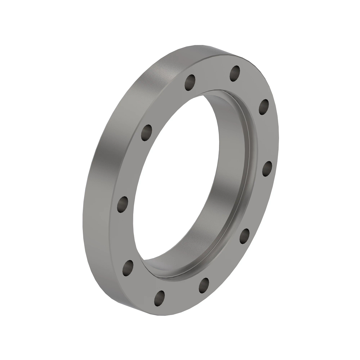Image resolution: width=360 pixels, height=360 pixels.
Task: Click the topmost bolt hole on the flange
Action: [x=235, y=73]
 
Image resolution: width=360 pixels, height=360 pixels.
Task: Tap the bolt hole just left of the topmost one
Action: [x=190, y=81]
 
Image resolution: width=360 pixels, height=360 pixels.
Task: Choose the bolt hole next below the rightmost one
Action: [x=245, y=235]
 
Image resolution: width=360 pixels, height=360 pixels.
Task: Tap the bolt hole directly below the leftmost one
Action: [x=128, y=267]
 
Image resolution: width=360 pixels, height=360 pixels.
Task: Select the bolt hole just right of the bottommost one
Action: [x=204, y=284]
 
